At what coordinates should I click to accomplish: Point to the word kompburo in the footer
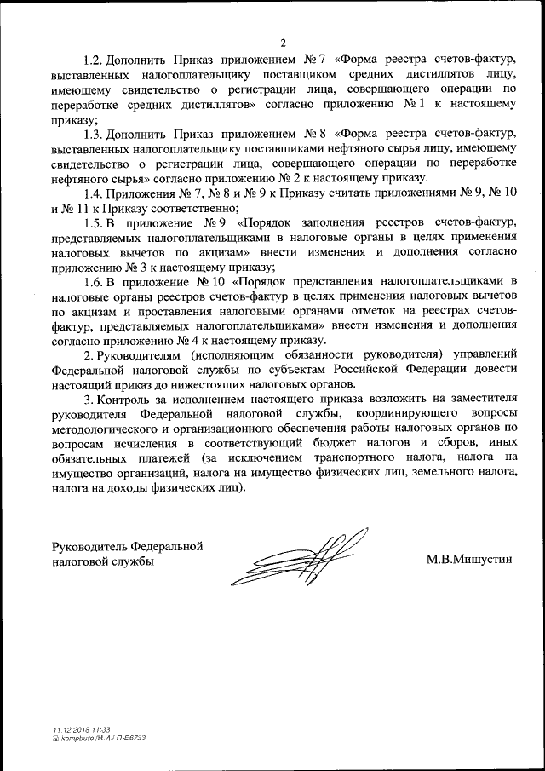77,738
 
